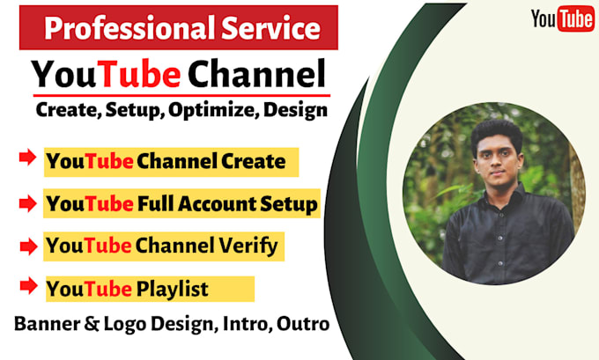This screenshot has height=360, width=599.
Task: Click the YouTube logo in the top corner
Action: pyautogui.click(x=561, y=18)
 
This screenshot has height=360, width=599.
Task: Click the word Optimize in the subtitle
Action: pyautogui.click(x=215, y=111)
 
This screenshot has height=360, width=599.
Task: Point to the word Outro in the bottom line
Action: pyautogui.click(x=304, y=324)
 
